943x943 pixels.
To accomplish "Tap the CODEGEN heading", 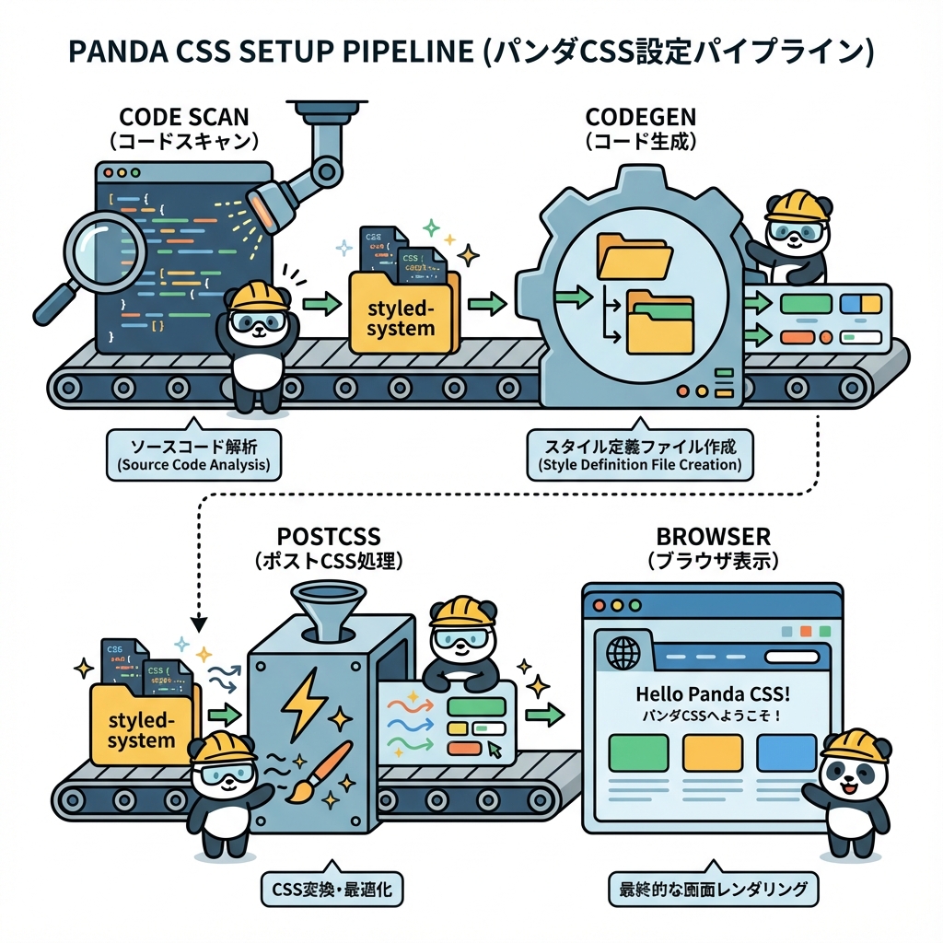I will pyautogui.click(x=641, y=118).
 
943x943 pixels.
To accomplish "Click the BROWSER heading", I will pyautogui.click(x=713, y=537).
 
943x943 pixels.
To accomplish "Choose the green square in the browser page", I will pyautogui.click(x=638, y=752).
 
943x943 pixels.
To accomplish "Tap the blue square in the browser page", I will pyautogui.click(x=786, y=752).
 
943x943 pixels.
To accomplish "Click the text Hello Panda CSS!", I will pyautogui.click(x=713, y=693).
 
